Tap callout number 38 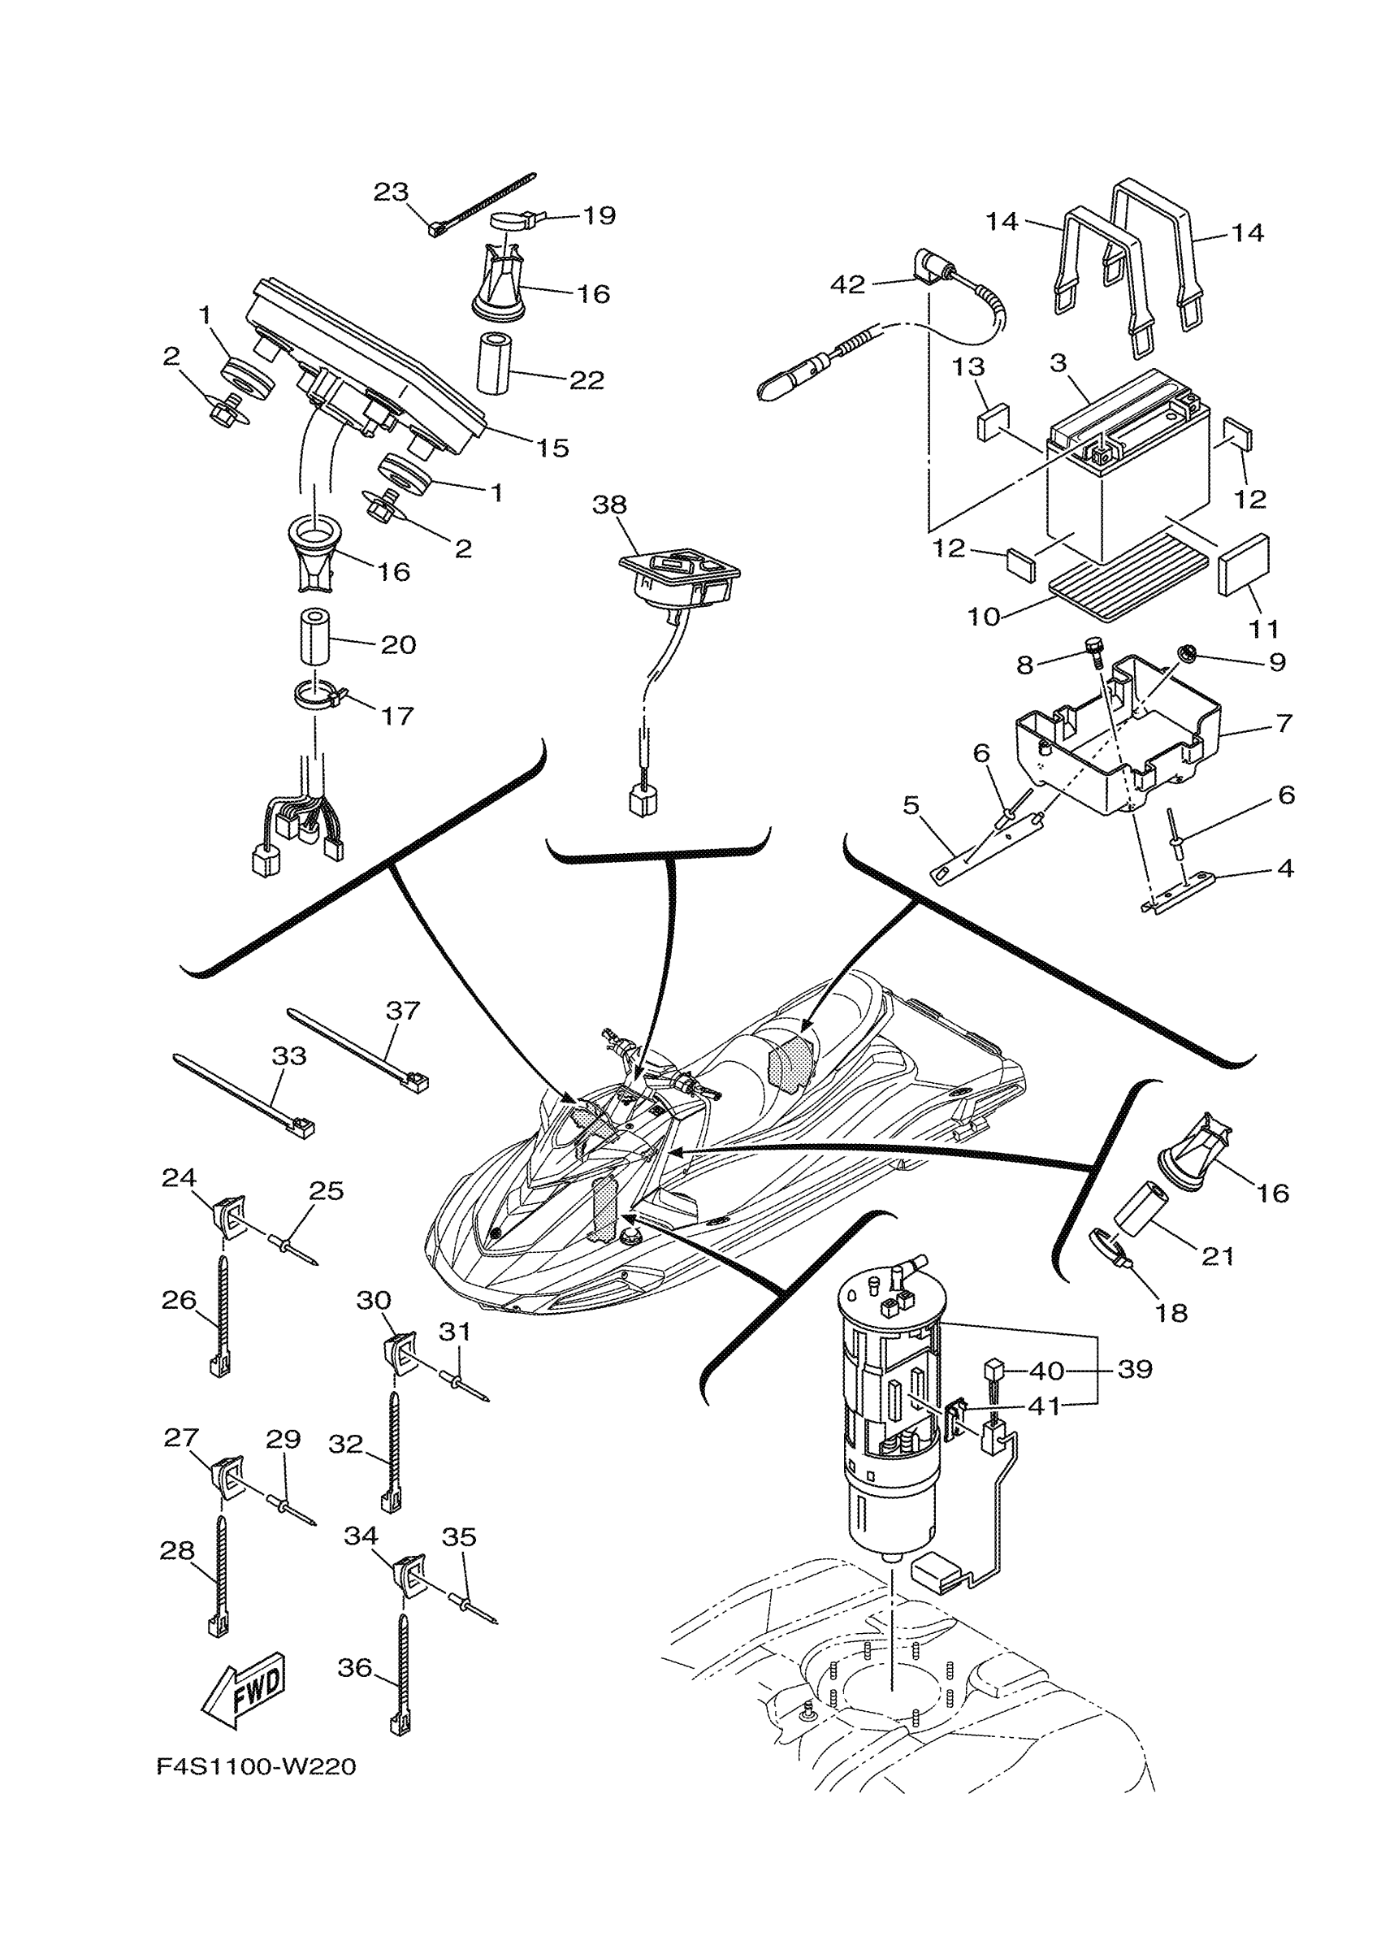click(609, 505)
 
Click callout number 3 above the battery click(1058, 363)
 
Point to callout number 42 click(847, 284)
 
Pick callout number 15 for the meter click(553, 448)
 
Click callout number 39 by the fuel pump click(1135, 1369)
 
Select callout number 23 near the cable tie click(392, 193)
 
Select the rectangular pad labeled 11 click(1244, 563)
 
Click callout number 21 click(1217, 1256)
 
